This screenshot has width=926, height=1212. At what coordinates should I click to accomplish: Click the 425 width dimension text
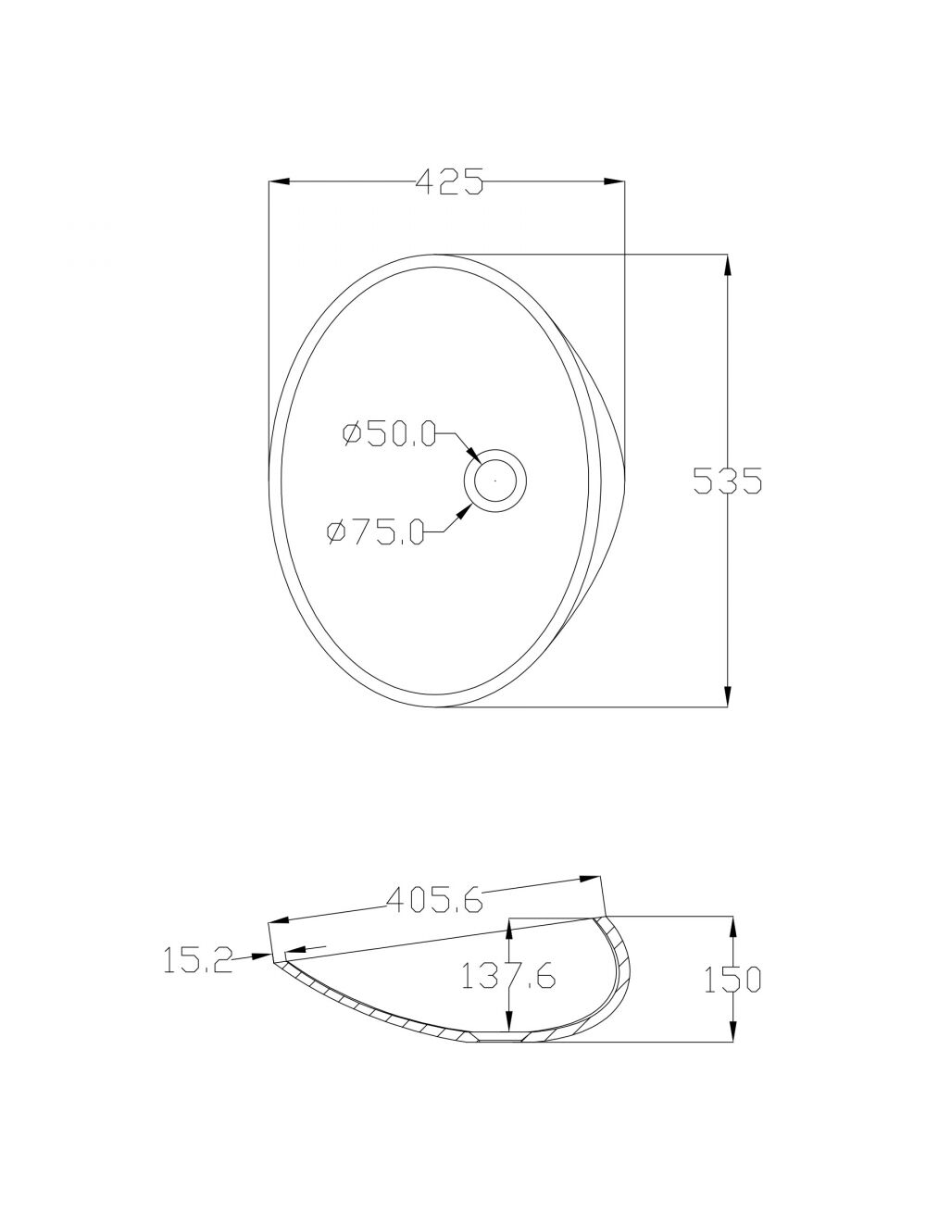pos(449,181)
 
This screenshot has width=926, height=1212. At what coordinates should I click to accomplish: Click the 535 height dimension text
pos(728,481)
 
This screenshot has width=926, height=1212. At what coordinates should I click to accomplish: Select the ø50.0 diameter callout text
pos(389,433)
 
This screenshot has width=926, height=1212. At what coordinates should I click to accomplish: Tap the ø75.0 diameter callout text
pos(375,531)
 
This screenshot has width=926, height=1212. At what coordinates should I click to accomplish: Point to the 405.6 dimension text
pos(434,901)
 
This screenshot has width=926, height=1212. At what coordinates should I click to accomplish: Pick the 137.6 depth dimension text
pos(508,976)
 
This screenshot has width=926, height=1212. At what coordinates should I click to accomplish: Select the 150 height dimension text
pos(732,981)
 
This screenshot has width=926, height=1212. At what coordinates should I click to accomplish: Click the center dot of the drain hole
pos(494,481)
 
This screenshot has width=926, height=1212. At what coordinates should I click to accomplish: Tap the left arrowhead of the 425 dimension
pos(279,181)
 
